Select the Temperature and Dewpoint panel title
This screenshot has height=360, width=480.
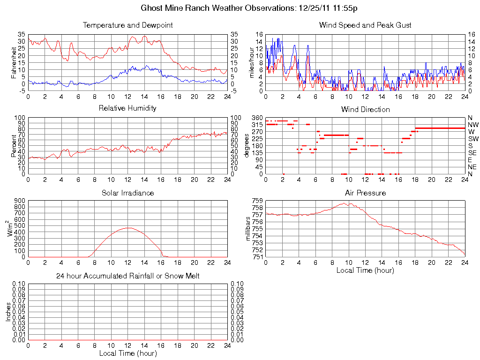point(127,25)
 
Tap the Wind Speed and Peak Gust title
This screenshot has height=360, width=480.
point(365,25)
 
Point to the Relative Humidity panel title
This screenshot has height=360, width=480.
point(127,108)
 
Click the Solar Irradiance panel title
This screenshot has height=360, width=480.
point(127,193)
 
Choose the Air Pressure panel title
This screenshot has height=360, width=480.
point(365,193)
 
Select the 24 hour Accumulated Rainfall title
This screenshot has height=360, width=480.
point(127,276)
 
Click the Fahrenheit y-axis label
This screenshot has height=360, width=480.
point(13,62)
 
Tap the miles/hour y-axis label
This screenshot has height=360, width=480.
point(251,62)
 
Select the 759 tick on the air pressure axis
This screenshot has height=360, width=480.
point(257,201)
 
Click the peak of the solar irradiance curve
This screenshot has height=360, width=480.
point(128,228)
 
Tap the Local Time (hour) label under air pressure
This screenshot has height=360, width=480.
point(365,270)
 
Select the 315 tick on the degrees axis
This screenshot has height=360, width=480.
point(257,125)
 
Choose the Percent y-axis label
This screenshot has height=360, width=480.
point(13,145)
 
